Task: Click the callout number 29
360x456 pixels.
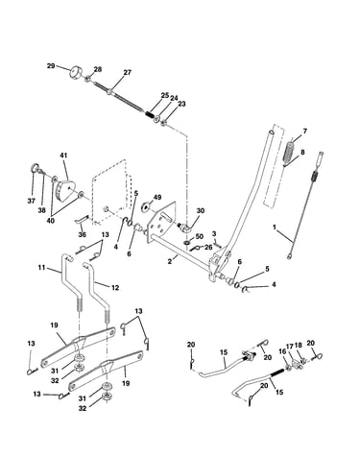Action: coord(51,66)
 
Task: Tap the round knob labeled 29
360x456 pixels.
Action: coord(76,71)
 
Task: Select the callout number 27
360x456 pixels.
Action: coord(128,73)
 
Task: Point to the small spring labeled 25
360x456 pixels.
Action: coord(150,114)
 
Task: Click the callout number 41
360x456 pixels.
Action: coord(63,156)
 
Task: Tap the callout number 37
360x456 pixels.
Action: coord(31,201)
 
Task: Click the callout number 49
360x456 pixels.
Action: coord(157,197)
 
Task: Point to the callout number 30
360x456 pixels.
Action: coord(201,211)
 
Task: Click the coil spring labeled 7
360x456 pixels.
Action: coord(290,151)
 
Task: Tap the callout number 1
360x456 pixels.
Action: coord(275,227)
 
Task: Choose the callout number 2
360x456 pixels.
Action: coord(170,261)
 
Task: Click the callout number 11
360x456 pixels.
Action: coord(42,267)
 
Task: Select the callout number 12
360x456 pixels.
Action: coord(115,288)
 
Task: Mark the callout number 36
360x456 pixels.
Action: coord(83,234)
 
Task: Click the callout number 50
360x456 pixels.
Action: coord(200,236)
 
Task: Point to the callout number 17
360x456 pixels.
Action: coord(290,346)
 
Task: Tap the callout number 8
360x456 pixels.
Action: coord(302,152)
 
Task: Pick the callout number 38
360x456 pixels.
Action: coord(42,210)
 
